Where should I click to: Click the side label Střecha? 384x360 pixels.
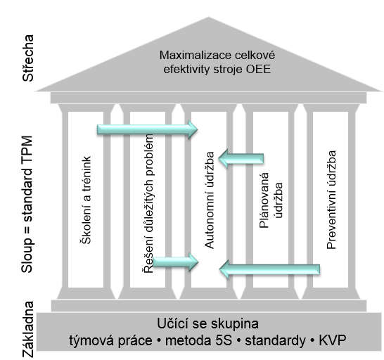click(27, 58)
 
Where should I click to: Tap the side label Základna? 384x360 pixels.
click(27, 329)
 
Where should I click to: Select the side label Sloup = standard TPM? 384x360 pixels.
click(27, 204)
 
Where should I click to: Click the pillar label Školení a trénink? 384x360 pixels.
click(86, 200)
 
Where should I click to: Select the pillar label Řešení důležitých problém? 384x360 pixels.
click(148, 203)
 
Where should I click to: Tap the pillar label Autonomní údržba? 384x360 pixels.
click(209, 200)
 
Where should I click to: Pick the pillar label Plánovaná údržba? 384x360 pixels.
click(271, 200)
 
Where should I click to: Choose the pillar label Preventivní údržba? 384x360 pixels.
click(331, 200)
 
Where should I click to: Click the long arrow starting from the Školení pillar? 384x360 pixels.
click(148, 129)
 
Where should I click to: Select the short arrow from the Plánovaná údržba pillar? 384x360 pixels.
click(241, 158)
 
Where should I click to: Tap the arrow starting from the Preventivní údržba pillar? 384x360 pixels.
click(269, 269)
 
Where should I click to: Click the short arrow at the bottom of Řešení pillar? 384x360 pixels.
click(175, 262)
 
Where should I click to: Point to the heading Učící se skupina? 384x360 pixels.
click(207, 323)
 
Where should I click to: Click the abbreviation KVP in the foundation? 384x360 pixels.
click(333, 340)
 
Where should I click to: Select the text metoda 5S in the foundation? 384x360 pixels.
click(198, 340)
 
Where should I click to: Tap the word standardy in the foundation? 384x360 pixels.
click(276, 340)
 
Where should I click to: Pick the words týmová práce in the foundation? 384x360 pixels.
click(110, 340)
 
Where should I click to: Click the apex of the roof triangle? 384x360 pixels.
click(209, 17)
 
